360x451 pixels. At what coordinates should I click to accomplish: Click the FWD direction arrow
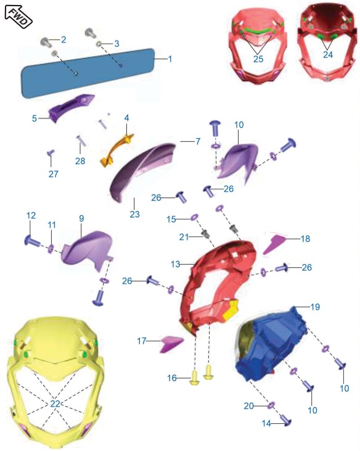[18, 17]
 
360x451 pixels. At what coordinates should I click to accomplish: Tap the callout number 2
[63, 39]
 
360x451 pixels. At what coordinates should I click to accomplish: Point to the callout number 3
[117, 44]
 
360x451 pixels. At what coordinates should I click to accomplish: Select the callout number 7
[198, 141]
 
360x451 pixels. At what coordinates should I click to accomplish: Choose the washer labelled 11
[51, 249]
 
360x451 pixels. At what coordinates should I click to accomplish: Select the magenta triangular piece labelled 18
[274, 244]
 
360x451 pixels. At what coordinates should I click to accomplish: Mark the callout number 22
[55, 404]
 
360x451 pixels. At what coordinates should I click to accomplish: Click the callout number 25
[258, 59]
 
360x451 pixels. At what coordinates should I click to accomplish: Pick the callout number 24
[328, 54]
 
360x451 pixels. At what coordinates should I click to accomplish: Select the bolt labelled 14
[285, 420]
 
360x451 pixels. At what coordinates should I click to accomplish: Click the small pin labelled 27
[51, 152]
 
